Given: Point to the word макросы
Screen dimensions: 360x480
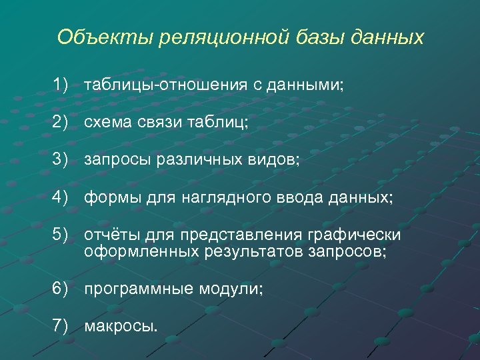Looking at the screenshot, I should [x=121, y=327].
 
